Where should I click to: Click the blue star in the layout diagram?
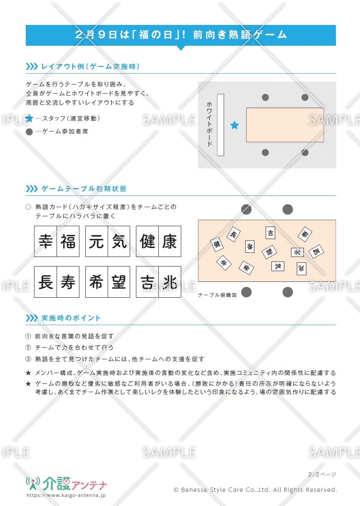235,125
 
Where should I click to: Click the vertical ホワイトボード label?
210,124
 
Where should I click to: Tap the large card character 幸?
45,242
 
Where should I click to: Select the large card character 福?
68,242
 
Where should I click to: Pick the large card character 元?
96,242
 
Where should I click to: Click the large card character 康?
170,242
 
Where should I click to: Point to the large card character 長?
45,282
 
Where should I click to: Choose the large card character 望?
119,282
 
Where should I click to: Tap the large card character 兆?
170,282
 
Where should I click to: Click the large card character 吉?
147,282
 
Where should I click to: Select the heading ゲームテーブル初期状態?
84,189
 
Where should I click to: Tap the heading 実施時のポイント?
71,318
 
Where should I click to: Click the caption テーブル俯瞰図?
217,295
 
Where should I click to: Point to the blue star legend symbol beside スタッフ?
29,118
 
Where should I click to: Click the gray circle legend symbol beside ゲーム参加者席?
29,132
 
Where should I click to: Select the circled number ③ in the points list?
28,359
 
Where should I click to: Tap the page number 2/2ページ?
322,474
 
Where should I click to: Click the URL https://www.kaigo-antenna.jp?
66,496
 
